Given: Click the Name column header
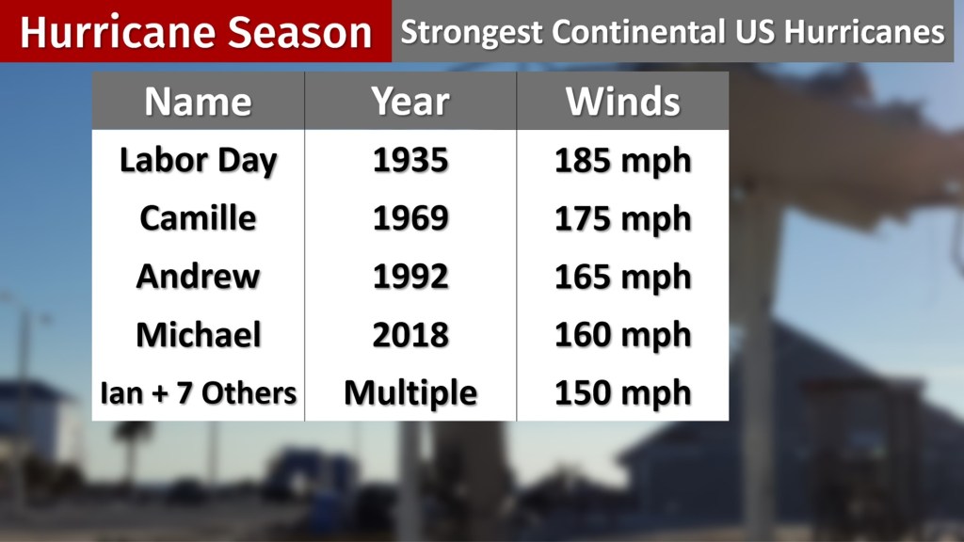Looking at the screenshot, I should coord(198,102).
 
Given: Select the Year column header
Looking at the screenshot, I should coord(410,102).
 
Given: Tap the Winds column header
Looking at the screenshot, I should coord(622,102).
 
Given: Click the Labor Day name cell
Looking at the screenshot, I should coord(198,161).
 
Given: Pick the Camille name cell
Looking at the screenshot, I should coord(198,218).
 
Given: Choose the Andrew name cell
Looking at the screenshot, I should coord(198,277).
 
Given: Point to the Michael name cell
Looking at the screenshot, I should coord(198,335).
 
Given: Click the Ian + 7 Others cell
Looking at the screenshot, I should coord(199,393).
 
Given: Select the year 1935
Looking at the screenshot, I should coord(410,161).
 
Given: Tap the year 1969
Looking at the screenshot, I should coord(410,218).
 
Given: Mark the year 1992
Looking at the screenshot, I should coord(410,277).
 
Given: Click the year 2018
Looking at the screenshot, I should coord(410,335).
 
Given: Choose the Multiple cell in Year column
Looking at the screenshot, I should coord(410,393).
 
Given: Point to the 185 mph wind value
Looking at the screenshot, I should coord(622,161).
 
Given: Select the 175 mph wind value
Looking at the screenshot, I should coord(622,218).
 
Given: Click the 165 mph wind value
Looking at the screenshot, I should coord(622,277).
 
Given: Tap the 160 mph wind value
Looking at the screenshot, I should coord(622,335).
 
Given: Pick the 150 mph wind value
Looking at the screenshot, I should coord(622,393).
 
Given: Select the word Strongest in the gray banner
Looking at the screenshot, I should coord(472,33).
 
